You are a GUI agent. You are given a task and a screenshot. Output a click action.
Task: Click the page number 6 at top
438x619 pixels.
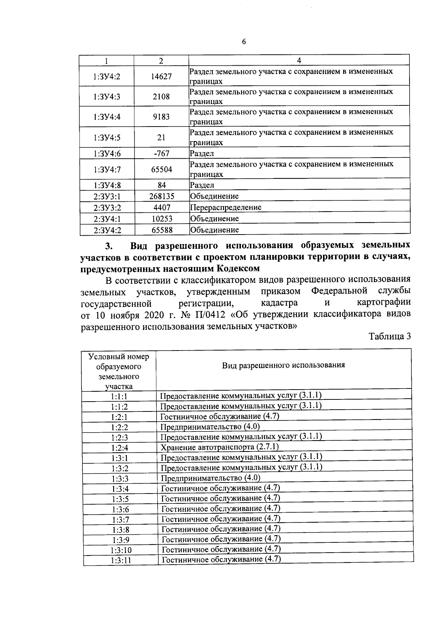coord(244,42)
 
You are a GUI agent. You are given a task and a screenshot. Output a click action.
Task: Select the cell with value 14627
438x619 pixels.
coord(161,76)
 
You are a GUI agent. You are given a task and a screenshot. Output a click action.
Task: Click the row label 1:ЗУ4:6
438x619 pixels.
coord(107,154)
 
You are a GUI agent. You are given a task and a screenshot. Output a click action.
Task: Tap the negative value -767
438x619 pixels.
coord(161,154)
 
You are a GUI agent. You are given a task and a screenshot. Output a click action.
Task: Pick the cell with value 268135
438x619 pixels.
coord(162,196)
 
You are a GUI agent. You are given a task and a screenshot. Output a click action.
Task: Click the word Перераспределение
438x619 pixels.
coord(226,208)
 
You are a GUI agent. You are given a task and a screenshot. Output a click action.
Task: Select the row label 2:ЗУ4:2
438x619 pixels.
coord(107,230)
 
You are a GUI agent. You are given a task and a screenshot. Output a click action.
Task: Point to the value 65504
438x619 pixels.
coord(162,169)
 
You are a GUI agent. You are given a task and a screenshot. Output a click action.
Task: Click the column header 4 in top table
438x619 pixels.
coord(299,60)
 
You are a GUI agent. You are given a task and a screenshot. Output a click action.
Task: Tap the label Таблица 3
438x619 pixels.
coord(389,336)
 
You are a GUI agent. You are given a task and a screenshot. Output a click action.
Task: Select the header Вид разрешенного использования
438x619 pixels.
coord(284,365)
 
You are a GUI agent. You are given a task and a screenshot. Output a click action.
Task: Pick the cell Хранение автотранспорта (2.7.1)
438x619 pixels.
coord(220,447)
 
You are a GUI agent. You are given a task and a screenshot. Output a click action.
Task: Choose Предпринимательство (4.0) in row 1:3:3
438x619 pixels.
coord(211,478)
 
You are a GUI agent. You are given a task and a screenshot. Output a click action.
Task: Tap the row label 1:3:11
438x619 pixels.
coord(120,560)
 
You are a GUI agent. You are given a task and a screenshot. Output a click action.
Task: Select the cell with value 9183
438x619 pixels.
coord(161,117)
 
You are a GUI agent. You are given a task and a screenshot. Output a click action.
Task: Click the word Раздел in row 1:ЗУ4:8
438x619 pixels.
coord(202,185)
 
